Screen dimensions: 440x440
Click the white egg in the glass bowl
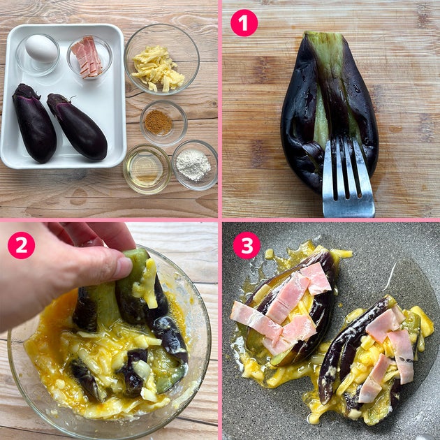coord(41,48)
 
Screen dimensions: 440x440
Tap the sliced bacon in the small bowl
coord(87,57)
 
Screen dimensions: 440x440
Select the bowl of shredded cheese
coord(161,59)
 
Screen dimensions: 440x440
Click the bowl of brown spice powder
coord(163,123)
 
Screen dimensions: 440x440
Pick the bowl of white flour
coord(195,165)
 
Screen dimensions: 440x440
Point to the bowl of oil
coord(147,169)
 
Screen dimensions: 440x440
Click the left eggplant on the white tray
coord(34,124)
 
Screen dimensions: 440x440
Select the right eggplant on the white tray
coord(78,126)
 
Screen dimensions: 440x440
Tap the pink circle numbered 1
coord(244,23)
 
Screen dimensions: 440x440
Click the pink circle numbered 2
coord(22,245)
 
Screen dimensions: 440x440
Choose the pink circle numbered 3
coord(247,245)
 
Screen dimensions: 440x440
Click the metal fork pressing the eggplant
coord(347,177)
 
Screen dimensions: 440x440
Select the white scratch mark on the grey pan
coord(390,276)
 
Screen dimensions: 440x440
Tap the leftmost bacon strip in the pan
coord(256,320)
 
